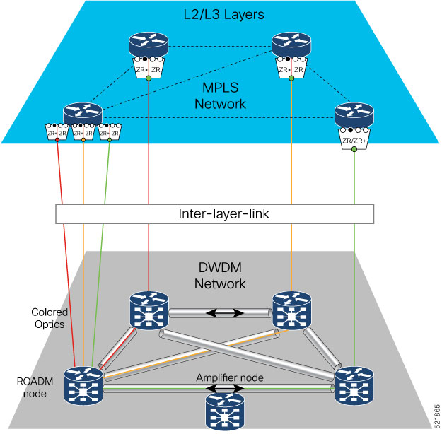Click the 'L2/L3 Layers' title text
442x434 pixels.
pos(221,13)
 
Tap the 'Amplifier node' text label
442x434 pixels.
pos(230,378)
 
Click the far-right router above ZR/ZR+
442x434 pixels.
pos(354,115)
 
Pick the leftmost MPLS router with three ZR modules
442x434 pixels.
pos(83,115)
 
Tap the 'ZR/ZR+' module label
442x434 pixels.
pos(354,140)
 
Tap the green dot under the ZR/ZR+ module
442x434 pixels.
pos(354,149)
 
